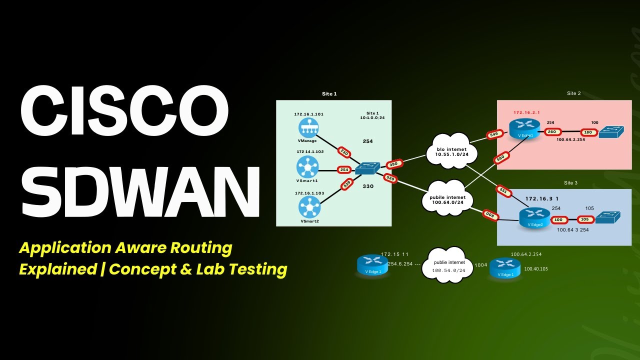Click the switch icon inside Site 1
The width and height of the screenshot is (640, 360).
pyautogui.click(x=367, y=169)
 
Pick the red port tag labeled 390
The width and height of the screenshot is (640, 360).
pyautogui.click(x=394, y=164)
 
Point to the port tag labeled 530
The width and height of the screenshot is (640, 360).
pyautogui.click(x=390, y=178)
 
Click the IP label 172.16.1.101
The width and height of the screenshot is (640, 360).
pyautogui.click(x=308, y=114)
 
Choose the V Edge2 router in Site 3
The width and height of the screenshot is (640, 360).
pyautogui.click(x=534, y=217)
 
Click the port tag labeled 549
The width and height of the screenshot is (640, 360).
pyautogui.click(x=493, y=134)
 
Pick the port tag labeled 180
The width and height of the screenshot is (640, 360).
pyautogui.click(x=587, y=132)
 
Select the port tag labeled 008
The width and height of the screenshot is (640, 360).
pyautogui.click(x=490, y=215)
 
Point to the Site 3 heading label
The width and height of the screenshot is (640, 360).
pyautogui.click(x=570, y=183)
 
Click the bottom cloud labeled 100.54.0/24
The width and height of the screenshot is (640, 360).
pyautogui.click(x=448, y=265)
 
